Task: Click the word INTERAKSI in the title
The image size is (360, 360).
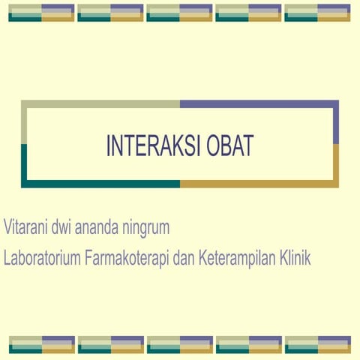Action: [148, 145]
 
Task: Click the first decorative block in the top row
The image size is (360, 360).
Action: [41, 13]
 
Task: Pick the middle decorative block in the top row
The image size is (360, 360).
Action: [179, 13]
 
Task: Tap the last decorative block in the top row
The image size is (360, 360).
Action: [317, 13]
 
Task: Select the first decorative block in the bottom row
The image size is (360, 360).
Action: [41, 344]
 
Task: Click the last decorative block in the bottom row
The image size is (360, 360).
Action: [317, 344]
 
